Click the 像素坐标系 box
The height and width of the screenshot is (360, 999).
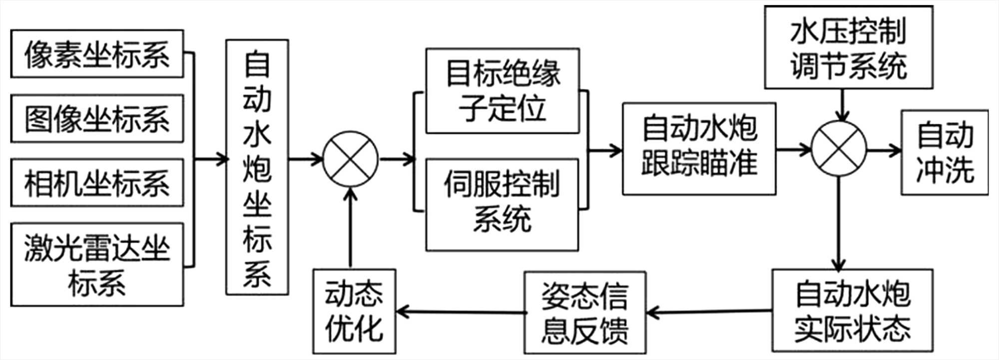[x=97, y=54]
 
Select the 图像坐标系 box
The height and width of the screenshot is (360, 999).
[x=97, y=119]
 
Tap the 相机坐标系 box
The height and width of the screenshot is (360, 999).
[x=97, y=183]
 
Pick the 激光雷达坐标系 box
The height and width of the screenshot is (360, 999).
[x=97, y=265]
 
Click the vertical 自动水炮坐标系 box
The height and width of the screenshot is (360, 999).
[x=257, y=167]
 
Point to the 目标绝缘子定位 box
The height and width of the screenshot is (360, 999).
[x=502, y=91]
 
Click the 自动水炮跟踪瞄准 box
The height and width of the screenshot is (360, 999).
[x=699, y=149]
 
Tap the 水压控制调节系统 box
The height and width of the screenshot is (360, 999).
[x=848, y=48]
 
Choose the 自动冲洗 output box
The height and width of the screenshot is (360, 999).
[x=944, y=152]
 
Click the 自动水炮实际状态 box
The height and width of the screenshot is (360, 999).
[x=852, y=311]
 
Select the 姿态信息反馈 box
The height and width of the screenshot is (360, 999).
[x=584, y=313]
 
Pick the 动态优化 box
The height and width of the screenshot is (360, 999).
[x=354, y=312]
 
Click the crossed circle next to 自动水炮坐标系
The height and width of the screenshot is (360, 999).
[x=351, y=159]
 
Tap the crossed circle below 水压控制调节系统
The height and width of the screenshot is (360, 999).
[x=839, y=149]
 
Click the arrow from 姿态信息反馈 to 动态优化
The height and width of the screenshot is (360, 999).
[x=460, y=313]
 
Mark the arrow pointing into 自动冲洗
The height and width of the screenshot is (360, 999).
[x=884, y=150]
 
